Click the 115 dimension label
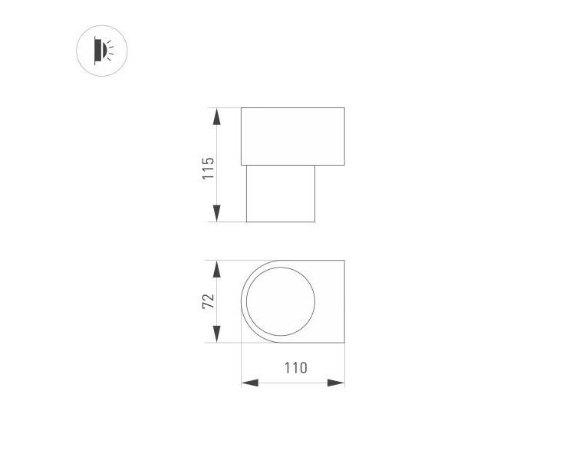point(209,169)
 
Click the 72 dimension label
point(209,301)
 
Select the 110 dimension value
point(296,368)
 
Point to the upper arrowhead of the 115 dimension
point(216,117)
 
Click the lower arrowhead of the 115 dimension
point(216,213)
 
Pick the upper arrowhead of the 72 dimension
point(216,269)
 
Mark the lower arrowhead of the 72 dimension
point(216,334)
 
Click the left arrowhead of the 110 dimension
point(250,383)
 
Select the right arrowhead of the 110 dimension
point(336,383)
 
